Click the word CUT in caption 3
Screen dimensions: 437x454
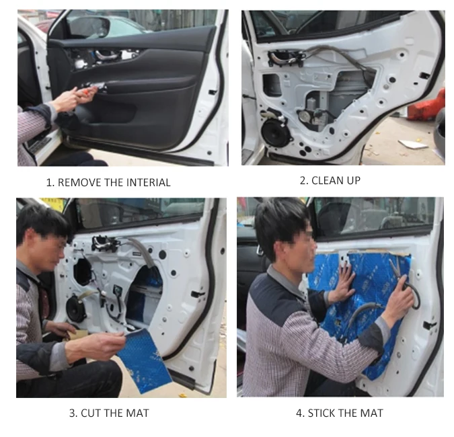click(x=91, y=413)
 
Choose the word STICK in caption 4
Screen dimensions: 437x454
click(x=322, y=413)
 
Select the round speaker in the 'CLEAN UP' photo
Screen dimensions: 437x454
click(x=276, y=132)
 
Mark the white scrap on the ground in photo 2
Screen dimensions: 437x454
click(x=412, y=144)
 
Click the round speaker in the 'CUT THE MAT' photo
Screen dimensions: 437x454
click(x=76, y=308)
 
